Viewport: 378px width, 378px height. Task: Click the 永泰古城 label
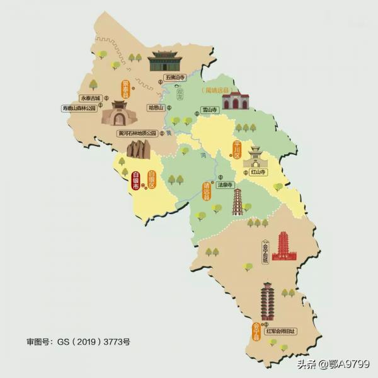point(90,98)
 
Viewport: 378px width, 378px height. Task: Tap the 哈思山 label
point(156,108)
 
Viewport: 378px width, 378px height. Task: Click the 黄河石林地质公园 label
point(138,133)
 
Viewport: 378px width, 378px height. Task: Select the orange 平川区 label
point(237,150)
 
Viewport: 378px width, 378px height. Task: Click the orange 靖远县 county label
point(205,191)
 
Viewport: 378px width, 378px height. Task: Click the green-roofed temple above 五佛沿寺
point(164,61)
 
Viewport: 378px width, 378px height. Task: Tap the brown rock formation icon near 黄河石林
point(138,149)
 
